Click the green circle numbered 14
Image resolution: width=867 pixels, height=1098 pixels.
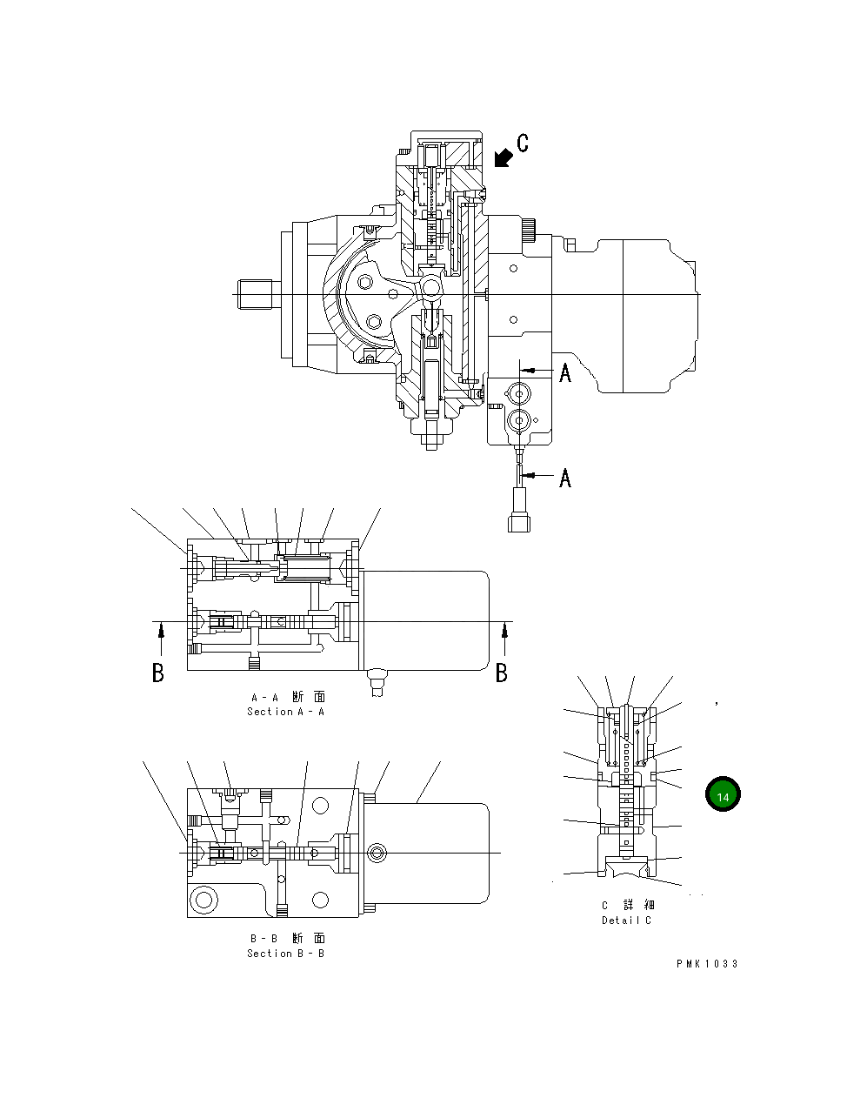(723, 794)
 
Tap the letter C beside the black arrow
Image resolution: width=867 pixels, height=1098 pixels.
(522, 144)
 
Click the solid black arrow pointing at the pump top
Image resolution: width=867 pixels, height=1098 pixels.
(501, 157)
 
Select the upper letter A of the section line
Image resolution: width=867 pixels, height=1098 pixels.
(565, 373)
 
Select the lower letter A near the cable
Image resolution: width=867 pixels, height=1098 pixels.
(565, 478)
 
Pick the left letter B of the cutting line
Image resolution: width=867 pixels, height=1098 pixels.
(158, 673)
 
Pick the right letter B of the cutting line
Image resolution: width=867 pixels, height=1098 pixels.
(502, 673)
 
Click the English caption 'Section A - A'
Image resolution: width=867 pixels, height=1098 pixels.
(285, 712)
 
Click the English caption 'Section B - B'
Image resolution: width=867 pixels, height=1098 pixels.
(285, 954)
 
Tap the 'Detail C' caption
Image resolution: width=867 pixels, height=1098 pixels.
(626, 921)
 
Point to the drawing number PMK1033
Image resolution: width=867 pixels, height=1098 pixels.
(707, 964)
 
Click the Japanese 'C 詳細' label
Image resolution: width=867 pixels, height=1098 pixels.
(628, 906)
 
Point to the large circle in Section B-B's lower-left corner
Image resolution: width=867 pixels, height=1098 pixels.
(204, 899)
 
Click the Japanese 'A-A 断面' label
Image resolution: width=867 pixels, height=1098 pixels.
(288, 697)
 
